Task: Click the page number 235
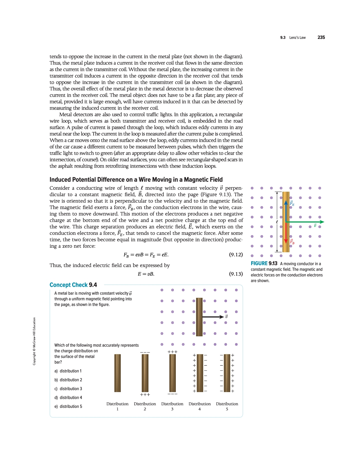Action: [x=321, y=37]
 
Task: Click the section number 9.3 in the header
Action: [x=283, y=38]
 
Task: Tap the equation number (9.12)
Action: [x=236, y=255]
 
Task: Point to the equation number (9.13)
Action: [x=236, y=274]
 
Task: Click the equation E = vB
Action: [x=146, y=274]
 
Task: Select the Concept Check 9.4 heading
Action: [x=73, y=285]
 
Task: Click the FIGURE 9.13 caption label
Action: [x=264, y=264]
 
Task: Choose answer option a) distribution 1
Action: [x=68, y=371]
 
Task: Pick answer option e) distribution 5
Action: [x=68, y=407]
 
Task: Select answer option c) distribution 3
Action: [x=68, y=389]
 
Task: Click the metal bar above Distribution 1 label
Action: [x=118, y=373]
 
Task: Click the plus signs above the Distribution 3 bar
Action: [x=172, y=352]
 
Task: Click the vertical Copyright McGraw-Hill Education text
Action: [x=34, y=341]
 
